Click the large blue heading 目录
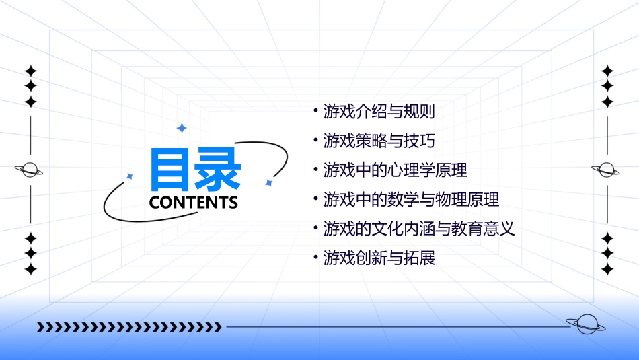click(194, 170)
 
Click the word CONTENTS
click(194, 203)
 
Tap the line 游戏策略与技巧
click(379, 141)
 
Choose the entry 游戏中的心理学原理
click(395, 170)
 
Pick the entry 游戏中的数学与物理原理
click(411, 200)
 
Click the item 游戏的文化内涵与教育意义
click(418, 229)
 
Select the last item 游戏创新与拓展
click(379, 258)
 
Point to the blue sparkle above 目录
click(181, 127)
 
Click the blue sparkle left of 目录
click(130, 176)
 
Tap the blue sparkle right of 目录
click(268, 183)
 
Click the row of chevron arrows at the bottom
click(129, 328)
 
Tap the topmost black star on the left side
click(30, 71)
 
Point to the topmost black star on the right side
click(607, 71)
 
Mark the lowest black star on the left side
click(30, 269)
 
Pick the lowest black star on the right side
click(607, 269)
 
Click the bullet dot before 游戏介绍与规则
click(316, 108)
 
